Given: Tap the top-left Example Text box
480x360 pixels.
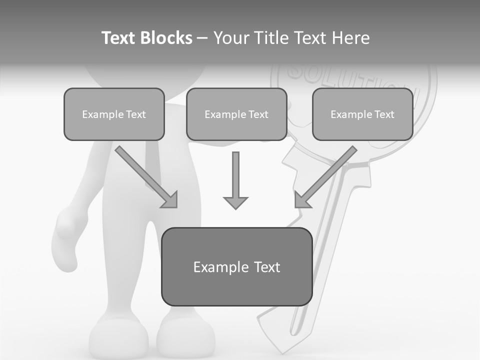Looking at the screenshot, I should [x=114, y=114].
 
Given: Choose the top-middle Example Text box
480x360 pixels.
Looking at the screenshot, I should [x=236, y=114].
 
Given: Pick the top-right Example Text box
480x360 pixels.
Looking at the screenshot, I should [x=362, y=114].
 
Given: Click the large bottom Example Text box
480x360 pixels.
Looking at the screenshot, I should [x=236, y=266].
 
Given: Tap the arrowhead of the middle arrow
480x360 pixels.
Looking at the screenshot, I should [x=235, y=203].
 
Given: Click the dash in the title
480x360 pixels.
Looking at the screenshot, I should [x=202, y=38].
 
